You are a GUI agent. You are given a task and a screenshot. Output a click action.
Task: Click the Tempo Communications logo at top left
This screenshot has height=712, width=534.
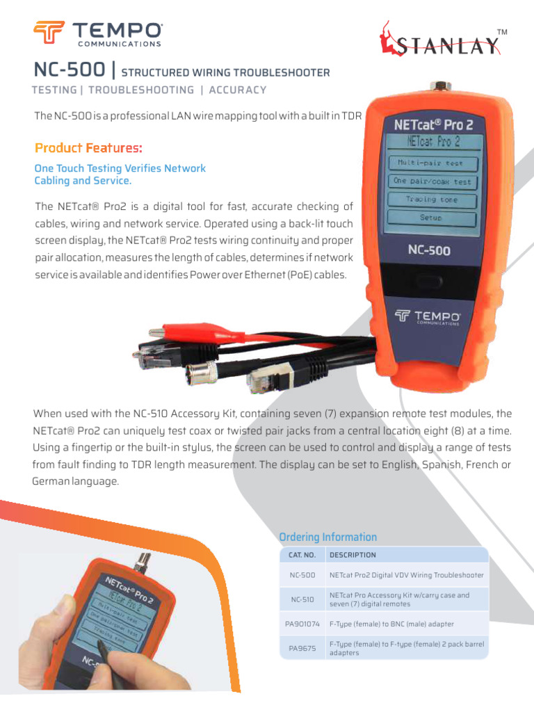click(x=97, y=33)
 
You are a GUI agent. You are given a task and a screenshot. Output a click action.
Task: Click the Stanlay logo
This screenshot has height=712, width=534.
click(x=439, y=40)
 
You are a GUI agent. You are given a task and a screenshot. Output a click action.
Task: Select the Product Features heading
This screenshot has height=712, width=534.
click(x=88, y=148)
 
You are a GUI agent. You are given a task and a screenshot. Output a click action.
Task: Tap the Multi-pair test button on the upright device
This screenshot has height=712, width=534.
click(x=434, y=164)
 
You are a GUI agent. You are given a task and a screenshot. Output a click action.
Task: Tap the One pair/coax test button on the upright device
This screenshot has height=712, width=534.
click(x=432, y=181)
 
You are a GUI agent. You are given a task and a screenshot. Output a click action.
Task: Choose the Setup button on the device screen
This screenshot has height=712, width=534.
click(x=431, y=218)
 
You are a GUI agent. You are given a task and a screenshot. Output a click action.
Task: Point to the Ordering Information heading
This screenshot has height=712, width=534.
click(x=327, y=537)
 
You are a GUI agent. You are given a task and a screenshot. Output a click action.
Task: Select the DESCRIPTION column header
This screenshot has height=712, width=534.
click(x=353, y=555)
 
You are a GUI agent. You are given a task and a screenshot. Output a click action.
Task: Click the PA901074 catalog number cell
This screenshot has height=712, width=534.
click(x=302, y=624)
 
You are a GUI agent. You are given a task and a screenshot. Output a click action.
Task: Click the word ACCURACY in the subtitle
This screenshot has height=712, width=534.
click(x=238, y=90)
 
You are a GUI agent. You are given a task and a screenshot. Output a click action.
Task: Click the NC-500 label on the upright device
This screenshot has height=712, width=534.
click(x=428, y=250)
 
